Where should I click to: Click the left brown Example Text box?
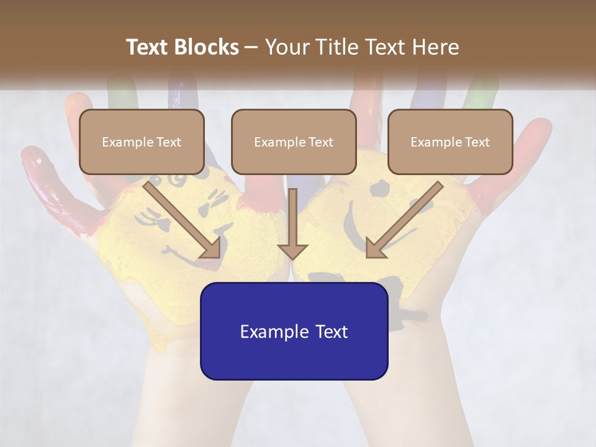(142, 142)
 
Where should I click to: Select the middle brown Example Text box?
(294, 142)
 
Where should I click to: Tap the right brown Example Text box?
(450, 142)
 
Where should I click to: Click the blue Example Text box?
(294, 332)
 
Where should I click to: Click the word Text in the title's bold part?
(147, 47)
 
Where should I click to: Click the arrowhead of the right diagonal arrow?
(376, 248)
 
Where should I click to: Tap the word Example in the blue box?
(270, 332)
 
